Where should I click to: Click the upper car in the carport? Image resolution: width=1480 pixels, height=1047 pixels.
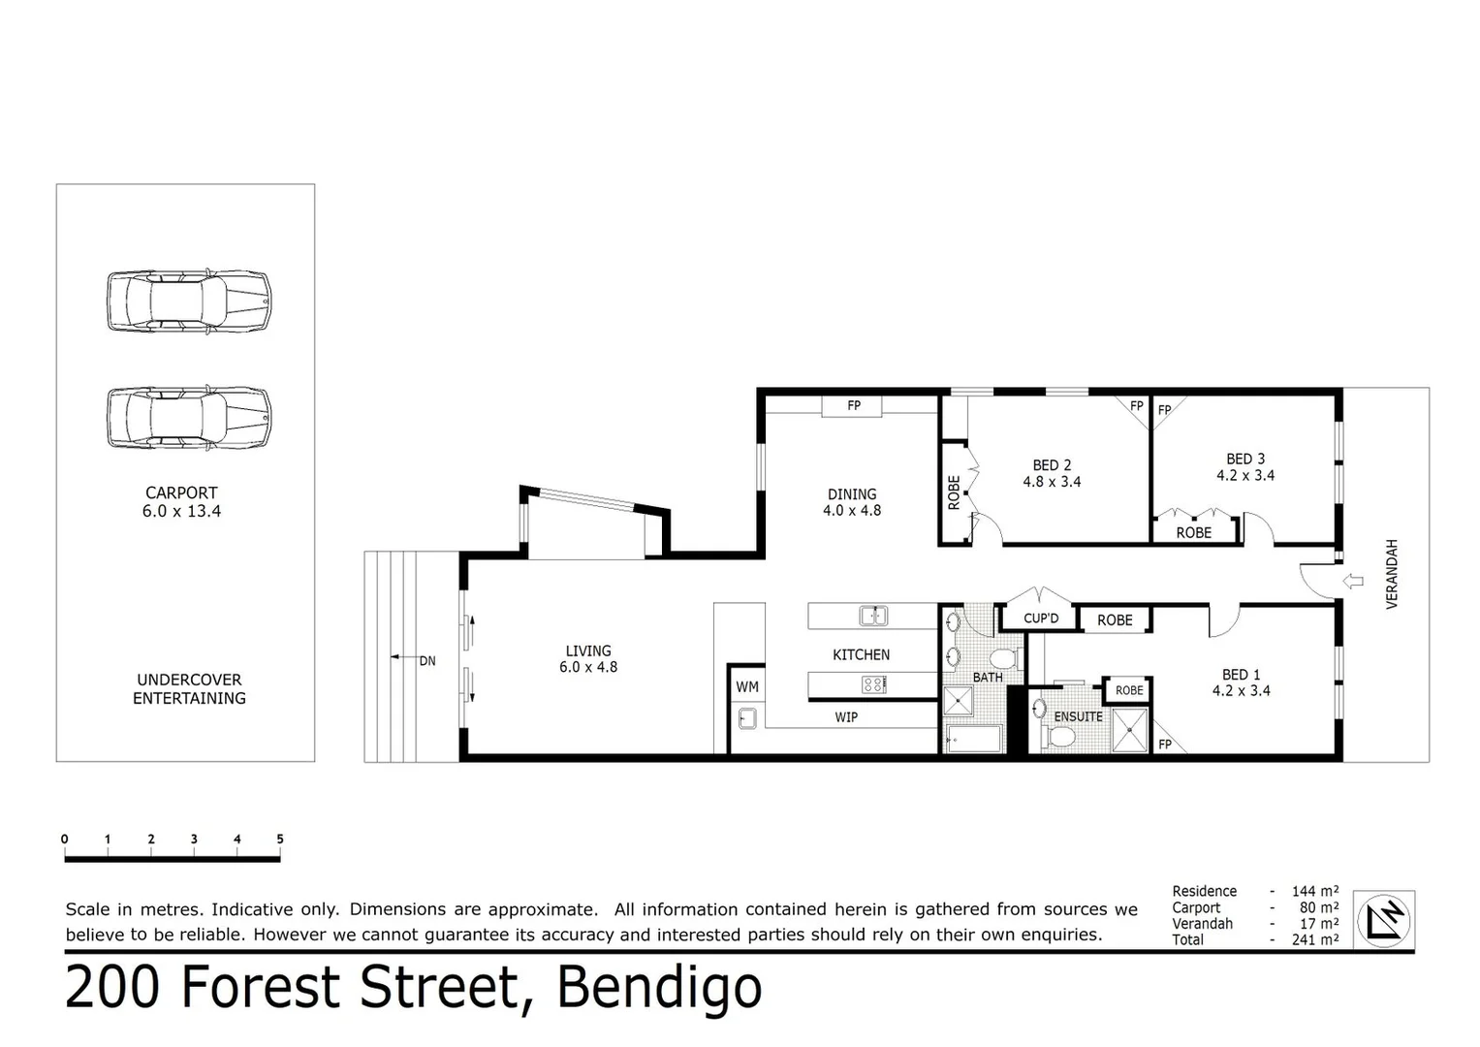click(x=188, y=301)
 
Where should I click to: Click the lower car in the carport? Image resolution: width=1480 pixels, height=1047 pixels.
click(x=188, y=419)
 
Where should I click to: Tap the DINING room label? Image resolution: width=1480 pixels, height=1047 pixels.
click(x=851, y=493)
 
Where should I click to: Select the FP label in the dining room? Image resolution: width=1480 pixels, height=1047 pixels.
click(x=853, y=406)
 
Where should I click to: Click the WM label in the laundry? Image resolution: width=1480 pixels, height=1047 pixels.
click(x=746, y=686)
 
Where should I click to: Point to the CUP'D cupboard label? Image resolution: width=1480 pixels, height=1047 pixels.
click(x=1041, y=619)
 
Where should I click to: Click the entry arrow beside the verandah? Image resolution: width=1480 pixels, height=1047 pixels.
click(x=1354, y=582)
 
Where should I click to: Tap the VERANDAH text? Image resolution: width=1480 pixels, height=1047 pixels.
click(x=1393, y=573)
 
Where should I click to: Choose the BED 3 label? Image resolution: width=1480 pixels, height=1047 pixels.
click(x=1244, y=459)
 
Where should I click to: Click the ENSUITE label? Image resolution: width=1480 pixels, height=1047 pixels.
click(x=1078, y=716)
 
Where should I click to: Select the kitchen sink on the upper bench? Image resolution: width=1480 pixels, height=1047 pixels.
click(x=873, y=616)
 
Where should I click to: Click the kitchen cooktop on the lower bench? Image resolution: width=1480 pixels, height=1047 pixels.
click(x=872, y=685)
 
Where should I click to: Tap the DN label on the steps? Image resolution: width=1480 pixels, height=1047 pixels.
click(x=427, y=661)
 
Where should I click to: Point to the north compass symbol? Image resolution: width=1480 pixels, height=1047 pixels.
click(x=1383, y=918)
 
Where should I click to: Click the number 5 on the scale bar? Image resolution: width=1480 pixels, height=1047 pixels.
click(x=280, y=840)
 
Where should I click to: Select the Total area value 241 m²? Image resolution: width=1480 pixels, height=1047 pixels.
click(x=1314, y=939)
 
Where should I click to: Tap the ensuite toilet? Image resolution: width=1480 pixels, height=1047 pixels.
click(x=1060, y=738)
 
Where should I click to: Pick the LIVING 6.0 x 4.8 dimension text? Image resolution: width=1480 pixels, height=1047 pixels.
click(x=587, y=667)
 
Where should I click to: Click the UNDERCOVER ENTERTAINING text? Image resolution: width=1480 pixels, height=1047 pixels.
click(x=189, y=689)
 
